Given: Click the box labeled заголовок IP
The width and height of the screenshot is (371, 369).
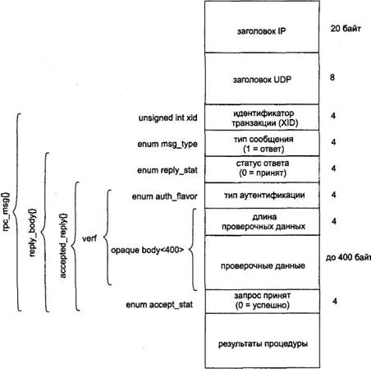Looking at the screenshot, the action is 262,26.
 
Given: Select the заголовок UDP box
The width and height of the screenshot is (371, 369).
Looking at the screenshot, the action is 262,78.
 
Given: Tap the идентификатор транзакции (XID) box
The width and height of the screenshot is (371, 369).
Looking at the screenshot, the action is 262,118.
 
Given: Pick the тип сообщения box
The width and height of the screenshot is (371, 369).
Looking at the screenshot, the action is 262,143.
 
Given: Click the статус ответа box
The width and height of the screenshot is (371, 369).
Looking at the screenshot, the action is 262,169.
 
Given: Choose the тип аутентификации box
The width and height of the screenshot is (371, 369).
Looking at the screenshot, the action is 262,195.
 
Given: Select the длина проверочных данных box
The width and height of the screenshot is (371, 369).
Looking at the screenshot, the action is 262,221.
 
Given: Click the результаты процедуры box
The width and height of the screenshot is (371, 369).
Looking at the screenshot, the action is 262,340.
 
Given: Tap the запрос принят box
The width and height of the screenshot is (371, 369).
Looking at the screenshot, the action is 262,301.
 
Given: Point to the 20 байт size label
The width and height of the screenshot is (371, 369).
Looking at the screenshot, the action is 346,29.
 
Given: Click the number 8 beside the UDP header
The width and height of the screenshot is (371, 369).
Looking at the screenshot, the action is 332,77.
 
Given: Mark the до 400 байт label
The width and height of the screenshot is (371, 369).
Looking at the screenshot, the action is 348,257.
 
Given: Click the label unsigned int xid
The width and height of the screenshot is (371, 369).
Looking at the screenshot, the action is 167,118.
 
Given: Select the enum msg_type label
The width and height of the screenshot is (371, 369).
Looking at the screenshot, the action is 167,144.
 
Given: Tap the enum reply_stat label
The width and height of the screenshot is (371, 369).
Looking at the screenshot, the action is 167,170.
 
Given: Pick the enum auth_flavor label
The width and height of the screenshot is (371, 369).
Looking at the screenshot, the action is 164,196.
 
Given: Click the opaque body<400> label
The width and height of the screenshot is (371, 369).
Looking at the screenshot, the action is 147,250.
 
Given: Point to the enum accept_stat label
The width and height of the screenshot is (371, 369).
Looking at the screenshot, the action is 159,305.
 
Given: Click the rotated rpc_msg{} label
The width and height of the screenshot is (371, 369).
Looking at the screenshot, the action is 6,211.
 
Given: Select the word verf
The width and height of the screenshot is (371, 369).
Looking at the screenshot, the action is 89,238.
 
